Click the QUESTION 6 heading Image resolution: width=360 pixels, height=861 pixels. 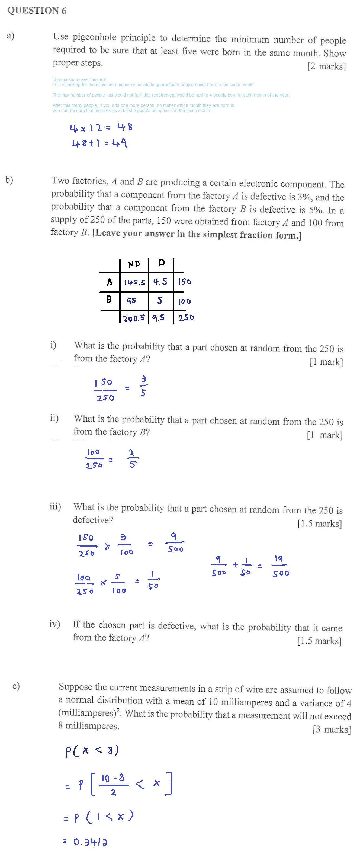(x=37, y=10)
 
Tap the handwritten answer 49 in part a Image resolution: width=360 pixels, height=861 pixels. (x=120, y=143)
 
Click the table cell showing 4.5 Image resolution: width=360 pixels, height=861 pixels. (x=160, y=282)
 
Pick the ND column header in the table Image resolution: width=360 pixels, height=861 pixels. (x=134, y=264)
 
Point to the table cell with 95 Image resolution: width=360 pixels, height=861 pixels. (x=131, y=300)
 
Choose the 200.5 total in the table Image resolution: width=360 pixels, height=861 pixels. (x=134, y=318)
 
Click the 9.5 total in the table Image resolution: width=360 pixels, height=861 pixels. (x=158, y=317)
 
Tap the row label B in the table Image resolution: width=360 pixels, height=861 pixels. (x=109, y=300)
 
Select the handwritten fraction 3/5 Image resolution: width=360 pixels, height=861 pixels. (x=143, y=386)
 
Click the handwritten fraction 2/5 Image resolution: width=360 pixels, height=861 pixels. (x=132, y=459)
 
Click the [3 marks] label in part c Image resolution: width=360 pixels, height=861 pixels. (x=332, y=729)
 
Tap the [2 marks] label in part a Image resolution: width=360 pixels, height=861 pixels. (x=326, y=66)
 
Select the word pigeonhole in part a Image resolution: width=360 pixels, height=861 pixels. (x=95, y=37)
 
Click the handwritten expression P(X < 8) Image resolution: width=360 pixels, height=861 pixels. (x=92, y=751)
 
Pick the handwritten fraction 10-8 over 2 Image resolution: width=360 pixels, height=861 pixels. (x=113, y=785)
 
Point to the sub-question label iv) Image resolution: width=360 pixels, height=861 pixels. (x=54, y=624)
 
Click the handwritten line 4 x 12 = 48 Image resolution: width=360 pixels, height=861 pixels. (x=101, y=127)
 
